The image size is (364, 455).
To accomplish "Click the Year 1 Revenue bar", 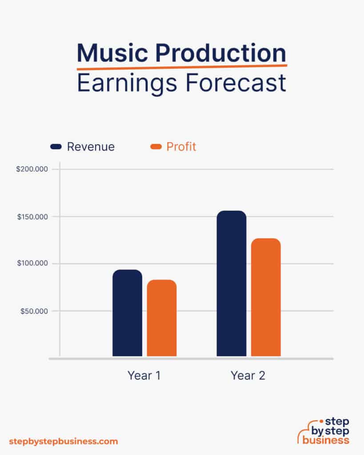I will (127, 313).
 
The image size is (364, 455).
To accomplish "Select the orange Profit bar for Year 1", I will (162, 318).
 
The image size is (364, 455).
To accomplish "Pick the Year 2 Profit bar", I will (266, 297).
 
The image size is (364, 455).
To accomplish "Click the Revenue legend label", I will (91, 147).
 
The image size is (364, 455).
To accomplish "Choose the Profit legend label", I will (181, 147).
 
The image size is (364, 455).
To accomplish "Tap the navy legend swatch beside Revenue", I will (56, 147).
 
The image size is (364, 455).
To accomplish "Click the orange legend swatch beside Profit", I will (156, 147).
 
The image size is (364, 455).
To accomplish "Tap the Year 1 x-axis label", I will (144, 375).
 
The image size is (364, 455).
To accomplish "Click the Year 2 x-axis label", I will (248, 375).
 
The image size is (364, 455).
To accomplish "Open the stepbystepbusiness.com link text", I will (64, 442).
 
